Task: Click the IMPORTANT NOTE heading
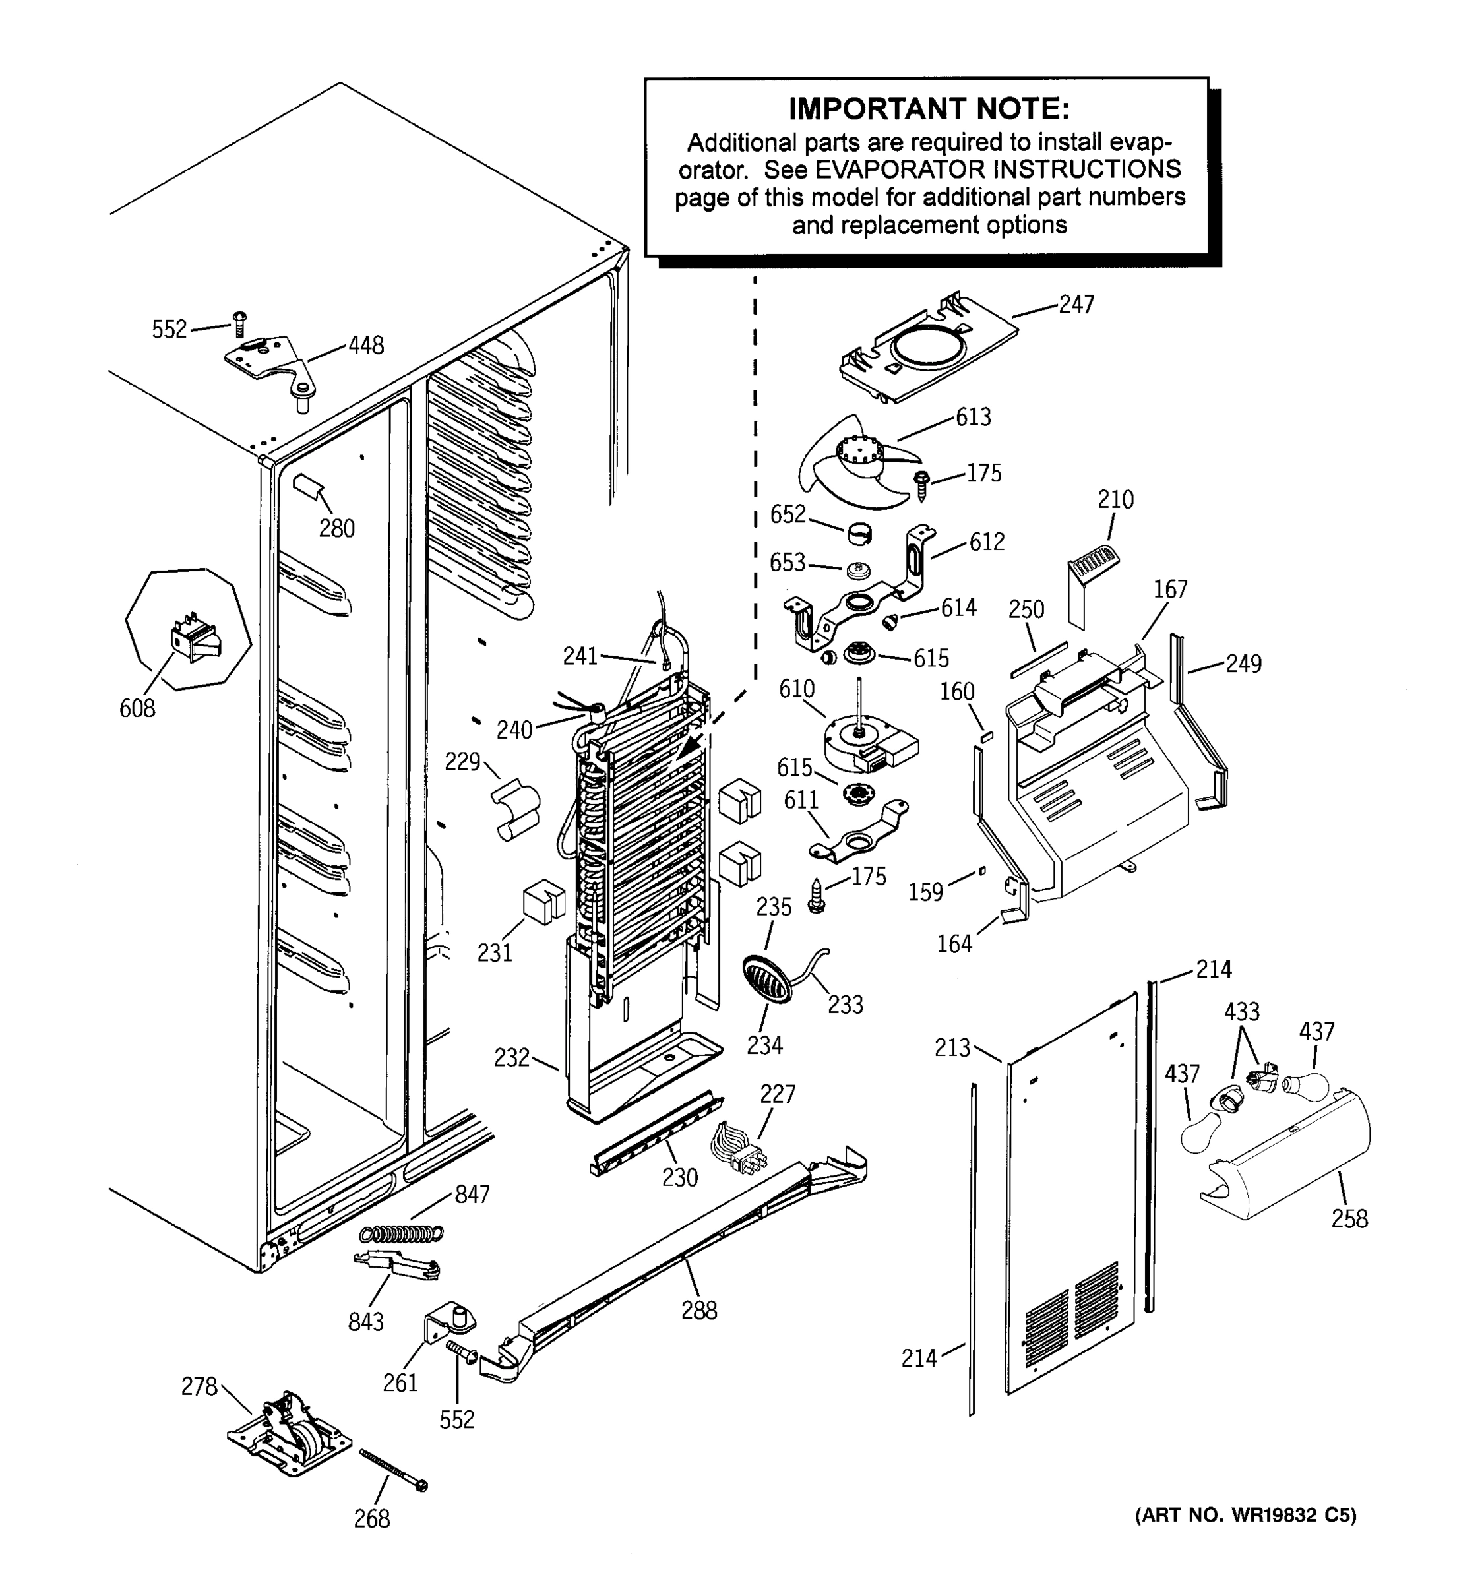tap(928, 108)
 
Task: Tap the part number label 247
tap(1076, 304)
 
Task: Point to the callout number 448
tap(365, 346)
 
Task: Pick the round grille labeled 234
tap(768, 979)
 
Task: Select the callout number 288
tap(698, 1310)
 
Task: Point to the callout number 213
tap(952, 1047)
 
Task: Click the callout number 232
tap(511, 1057)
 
